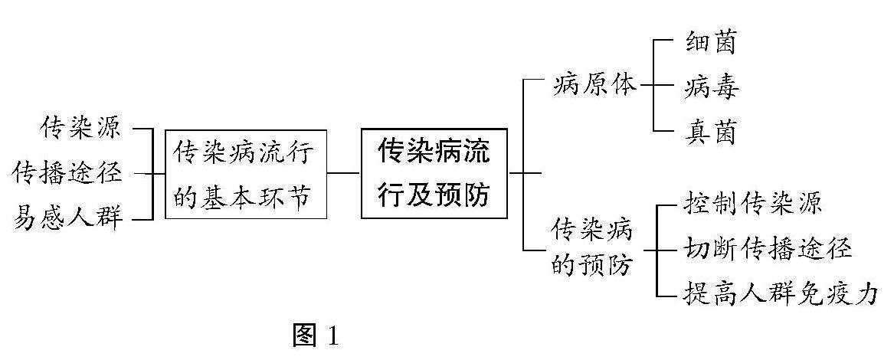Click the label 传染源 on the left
pyautogui.click(x=81, y=127)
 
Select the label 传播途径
pyautogui.click(x=67, y=173)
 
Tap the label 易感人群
pyautogui.click(x=67, y=219)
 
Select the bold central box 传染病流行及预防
pyautogui.click(x=434, y=173)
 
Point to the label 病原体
pyautogui.click(x=594, y=84)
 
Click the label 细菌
pyautogui.click(x=710, y=42)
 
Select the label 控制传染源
pyautogui.click(x=752, y=204)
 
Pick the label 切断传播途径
pyautogui.click(x=767, y=249)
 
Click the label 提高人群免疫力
pyautogui.click(x=779, y=294)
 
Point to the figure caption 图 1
pyautogui.click(x=315, y=335)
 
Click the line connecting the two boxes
pyautogui.click(x=344, y=173)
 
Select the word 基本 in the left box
pyautogui.click(x=231, y=197)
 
